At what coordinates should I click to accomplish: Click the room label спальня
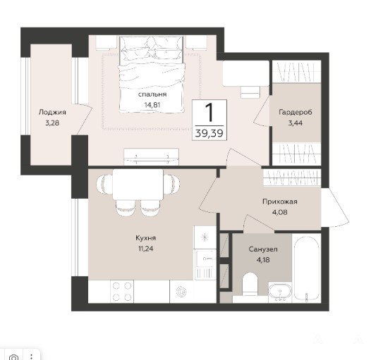click(152, 94)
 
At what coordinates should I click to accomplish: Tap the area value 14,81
click(152, 105)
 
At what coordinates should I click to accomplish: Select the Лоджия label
click(52, 112)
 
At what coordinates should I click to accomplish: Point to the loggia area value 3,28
click(52, 123)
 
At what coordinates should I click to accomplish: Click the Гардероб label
click(296, 112)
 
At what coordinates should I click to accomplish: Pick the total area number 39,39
click(209, 134)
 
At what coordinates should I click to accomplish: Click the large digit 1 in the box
click(209, 113)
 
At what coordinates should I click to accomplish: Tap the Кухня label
click(145, 238)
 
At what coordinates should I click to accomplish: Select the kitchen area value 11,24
click(145, 249)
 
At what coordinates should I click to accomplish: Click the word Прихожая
click(280, 201)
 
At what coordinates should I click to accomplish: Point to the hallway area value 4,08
click(280, 212)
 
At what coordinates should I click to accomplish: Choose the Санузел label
click(263, 249)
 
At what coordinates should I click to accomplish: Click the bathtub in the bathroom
click(307, 269)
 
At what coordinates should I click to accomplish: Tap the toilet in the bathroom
click(250, 285)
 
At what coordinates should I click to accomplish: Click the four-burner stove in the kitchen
click(122, 292)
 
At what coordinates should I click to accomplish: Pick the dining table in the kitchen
click(138, 185)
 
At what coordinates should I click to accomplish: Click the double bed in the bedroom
click(152, 74)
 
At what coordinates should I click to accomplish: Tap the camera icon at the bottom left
click(13, 357)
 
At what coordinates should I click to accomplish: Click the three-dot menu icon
click(31, 356)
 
